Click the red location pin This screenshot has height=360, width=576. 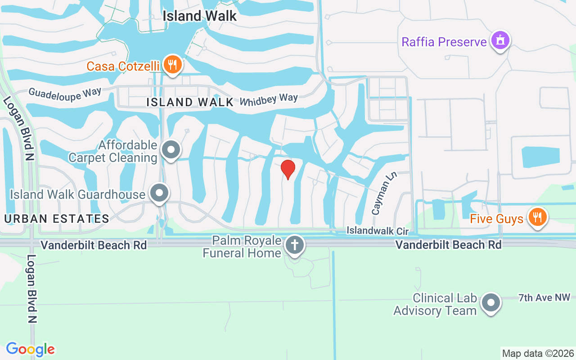coord(288,169)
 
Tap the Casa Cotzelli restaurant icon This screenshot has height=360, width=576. coord(172,65)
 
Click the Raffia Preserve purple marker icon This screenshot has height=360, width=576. coord(500,41)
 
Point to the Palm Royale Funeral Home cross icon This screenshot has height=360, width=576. coord(294,246)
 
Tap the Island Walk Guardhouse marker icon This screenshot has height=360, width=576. coord(159,193)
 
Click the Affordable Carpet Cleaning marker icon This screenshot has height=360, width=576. coord(171,150)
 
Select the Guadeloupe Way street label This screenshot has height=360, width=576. coord(58,94)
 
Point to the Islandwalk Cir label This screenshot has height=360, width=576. coord(377,231)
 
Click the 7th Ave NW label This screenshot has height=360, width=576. coord(544,297)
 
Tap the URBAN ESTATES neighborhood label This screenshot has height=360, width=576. coord(57,219)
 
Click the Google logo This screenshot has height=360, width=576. coord(30,349)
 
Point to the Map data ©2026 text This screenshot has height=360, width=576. coord(538,353)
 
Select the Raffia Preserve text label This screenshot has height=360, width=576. coord(444,42)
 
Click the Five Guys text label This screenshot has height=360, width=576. coord(496,219)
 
